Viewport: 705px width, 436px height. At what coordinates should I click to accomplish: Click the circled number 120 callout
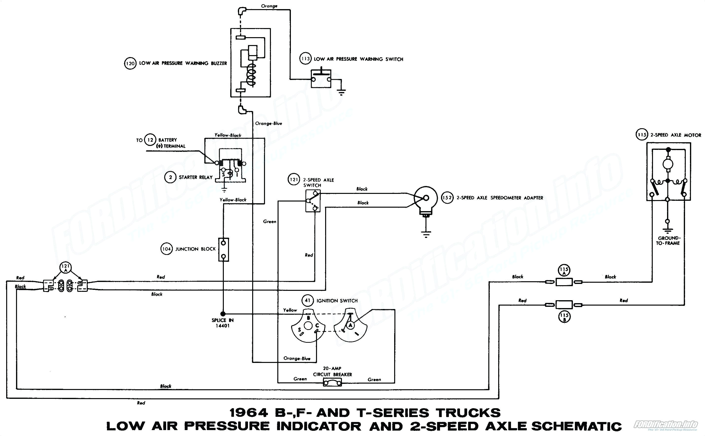pyautogui.click(x=130, y=63)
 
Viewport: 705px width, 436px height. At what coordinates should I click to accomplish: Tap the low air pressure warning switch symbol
pyautogui.click(x=321, y=78)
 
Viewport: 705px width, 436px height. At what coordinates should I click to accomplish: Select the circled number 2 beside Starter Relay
pyautogui.click(x=170, y=177)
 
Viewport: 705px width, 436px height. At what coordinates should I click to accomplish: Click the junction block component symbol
pyautogui.click(x=223, y=249)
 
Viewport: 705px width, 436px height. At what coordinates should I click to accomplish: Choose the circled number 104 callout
pyautogui.click(x=166, y=249)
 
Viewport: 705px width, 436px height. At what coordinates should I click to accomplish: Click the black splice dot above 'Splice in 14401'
pyautogui.click(x=223, y=314)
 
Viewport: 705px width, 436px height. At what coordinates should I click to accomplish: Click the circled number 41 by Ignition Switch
pyautogui.click(x=308, y=300)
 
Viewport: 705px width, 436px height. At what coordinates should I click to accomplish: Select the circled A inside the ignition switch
pyautogui.click(x=350, y=325)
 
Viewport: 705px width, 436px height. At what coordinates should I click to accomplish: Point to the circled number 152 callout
pyautogui.click(x=447, y=198)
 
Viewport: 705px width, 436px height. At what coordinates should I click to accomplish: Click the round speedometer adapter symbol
pyautogui.click(x=426, y=198)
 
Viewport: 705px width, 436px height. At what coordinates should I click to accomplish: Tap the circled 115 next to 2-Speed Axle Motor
pyautogui.click(x=642, y=135)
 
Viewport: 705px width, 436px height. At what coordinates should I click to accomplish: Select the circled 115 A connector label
pyautogui.click(x=564, y=271)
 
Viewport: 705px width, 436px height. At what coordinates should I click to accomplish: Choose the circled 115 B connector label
pyautogui.click(x=564, y=317)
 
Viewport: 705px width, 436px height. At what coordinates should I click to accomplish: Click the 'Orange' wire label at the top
pyautogui.click(x=269, y=6)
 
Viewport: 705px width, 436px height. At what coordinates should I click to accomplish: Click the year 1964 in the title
pyautogui.click(x=249, y=413)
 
